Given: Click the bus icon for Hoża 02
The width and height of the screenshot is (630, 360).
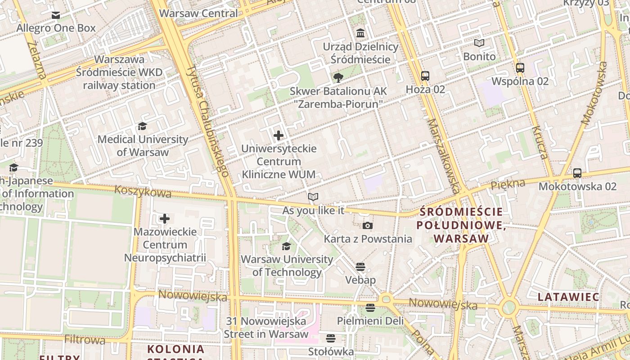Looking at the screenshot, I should [425, 76].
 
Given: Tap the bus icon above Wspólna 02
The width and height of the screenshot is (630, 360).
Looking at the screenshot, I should [520, 68].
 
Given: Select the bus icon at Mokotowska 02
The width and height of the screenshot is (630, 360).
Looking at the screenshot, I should [577, 173].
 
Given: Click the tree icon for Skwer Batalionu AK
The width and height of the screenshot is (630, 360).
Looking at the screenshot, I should [338, 78].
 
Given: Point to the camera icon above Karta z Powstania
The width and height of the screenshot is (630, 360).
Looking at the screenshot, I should [368, 225].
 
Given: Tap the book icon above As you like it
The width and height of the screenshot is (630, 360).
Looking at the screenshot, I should [313, 197].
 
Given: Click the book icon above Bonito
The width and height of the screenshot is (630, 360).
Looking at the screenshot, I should [479, 43].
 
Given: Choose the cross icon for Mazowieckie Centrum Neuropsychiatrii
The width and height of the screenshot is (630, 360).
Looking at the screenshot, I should [165, 219].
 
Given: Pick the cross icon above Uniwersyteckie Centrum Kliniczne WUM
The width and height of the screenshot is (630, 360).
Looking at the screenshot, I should [279, 135].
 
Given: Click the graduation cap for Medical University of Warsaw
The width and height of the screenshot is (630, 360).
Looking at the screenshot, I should [143, 126].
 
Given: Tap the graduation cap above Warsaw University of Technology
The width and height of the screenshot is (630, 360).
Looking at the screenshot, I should [286, 246].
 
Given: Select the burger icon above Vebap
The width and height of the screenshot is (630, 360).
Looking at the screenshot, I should [360, 267].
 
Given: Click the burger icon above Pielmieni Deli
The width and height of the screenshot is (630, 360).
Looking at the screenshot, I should [370, 308].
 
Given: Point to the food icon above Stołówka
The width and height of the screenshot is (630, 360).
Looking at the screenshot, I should [331, 338].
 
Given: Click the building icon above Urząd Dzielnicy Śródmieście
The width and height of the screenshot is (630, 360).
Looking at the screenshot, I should [360, 33].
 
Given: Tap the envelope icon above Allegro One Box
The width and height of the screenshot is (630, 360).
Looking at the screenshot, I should [56, 15].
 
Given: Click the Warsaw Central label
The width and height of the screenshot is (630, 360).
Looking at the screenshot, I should [198, 13].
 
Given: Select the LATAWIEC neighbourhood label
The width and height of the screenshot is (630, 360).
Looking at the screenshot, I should [568, 297].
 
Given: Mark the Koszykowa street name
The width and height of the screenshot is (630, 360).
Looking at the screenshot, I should [143, 191].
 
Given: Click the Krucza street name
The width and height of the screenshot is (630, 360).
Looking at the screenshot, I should [539, 143].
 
